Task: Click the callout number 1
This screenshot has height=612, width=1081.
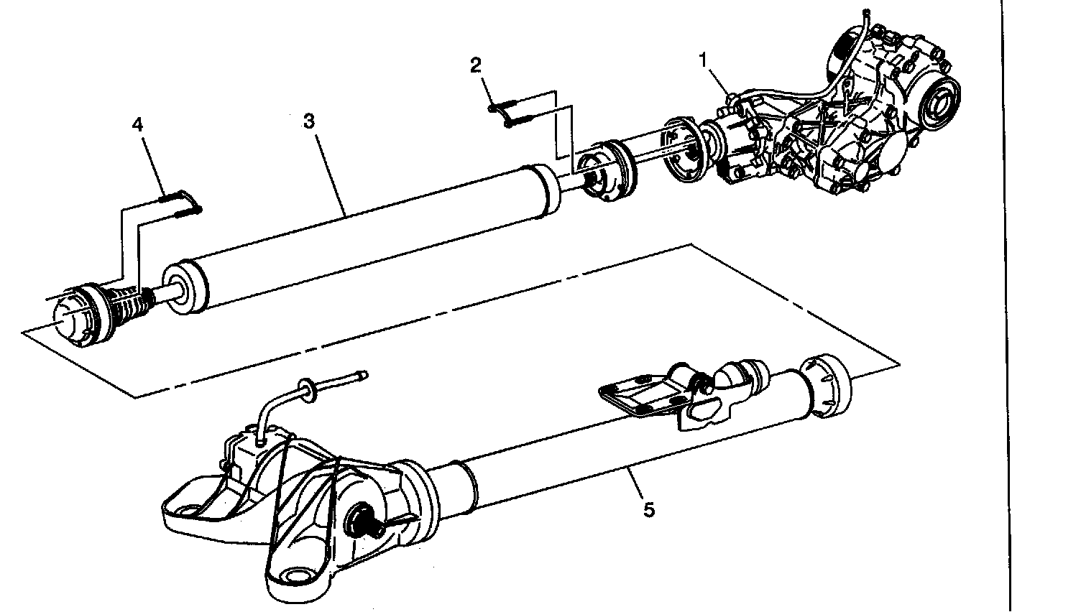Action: click(703, 61)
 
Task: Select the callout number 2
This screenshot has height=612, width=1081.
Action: click(476, 66)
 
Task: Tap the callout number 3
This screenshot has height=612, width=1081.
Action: click(309, 121)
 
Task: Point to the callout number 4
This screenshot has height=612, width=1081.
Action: click(137, 125)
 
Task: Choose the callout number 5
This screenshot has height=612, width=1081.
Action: click(649, 509)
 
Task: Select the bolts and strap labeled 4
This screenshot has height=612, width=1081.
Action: click(181, 203)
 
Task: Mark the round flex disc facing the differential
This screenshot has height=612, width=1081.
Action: click(684, 149)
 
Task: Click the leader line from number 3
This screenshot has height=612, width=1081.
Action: click(331, 174)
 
